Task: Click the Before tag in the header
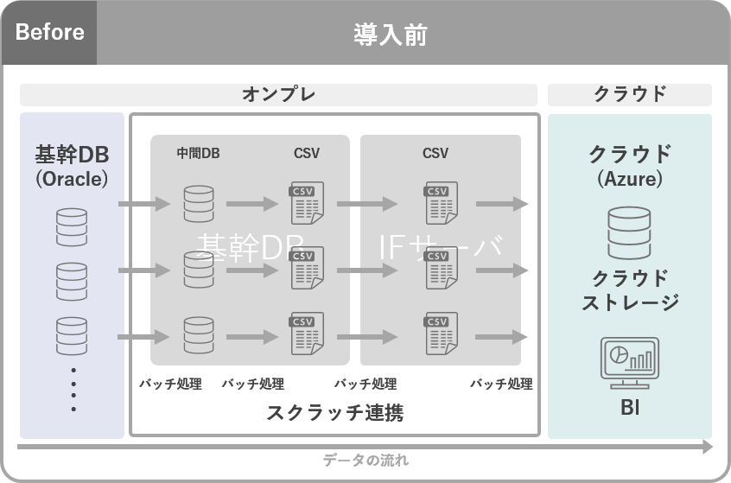pos(49,34)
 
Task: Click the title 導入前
pos(390,35)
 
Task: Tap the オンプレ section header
pos(278,94)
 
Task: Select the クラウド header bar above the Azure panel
pos(629,94)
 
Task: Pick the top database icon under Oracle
pos(72,226)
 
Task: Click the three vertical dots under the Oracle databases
pos(73,389)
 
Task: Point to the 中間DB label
pos(198,154)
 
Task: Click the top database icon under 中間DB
pos(198,204)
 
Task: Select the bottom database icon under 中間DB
pos(198,335)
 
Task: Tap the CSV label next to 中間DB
pos(307,154)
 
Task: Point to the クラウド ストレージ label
pos(629,289)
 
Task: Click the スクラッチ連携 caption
pos(335,413)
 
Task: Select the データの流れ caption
pos(365,461)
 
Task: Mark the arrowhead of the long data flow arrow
pos(708,447)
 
